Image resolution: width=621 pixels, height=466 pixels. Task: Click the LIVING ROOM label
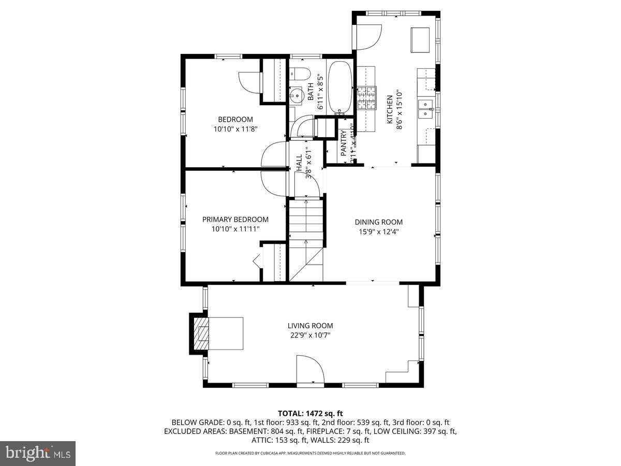click(310, 326)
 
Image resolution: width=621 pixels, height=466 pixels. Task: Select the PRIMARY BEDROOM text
click(235, 220)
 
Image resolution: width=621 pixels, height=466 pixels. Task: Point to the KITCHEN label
click(390, 109)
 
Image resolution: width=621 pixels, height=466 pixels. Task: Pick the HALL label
click(299, 163)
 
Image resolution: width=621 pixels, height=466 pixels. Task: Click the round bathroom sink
click(297, 95)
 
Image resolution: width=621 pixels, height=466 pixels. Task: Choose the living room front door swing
click(309, 369)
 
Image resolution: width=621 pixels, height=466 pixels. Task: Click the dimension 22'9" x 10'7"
click(310, 335)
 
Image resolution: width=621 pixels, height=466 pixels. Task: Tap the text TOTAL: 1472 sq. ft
click(310, 413)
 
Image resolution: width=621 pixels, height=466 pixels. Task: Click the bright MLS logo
click(38, 453)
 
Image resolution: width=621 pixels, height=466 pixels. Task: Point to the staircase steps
click(305, 223)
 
